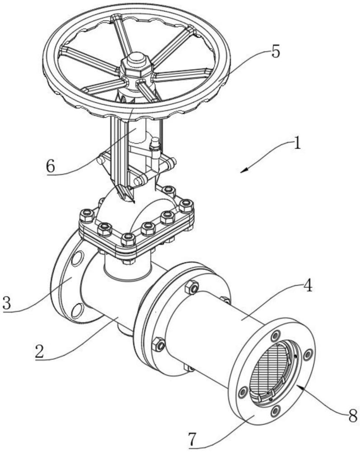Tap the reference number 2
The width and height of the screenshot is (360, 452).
tap(40, 350)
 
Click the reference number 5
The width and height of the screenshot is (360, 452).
tap(275, 51)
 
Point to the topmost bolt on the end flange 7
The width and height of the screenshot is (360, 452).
tap(275, 336)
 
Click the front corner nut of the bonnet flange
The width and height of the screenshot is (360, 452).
tap(128, 238)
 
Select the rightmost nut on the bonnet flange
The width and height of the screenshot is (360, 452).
tap(186, 206)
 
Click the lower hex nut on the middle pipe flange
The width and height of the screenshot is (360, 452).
tap(158, 344)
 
